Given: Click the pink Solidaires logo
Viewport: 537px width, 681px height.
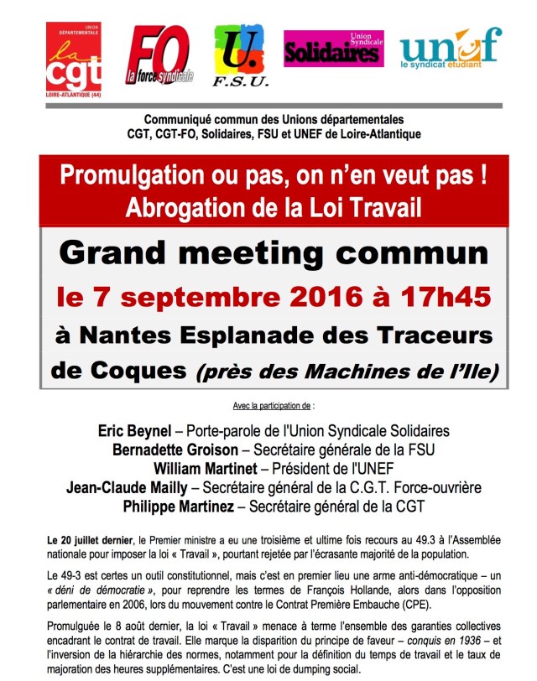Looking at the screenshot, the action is click(333, 49).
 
